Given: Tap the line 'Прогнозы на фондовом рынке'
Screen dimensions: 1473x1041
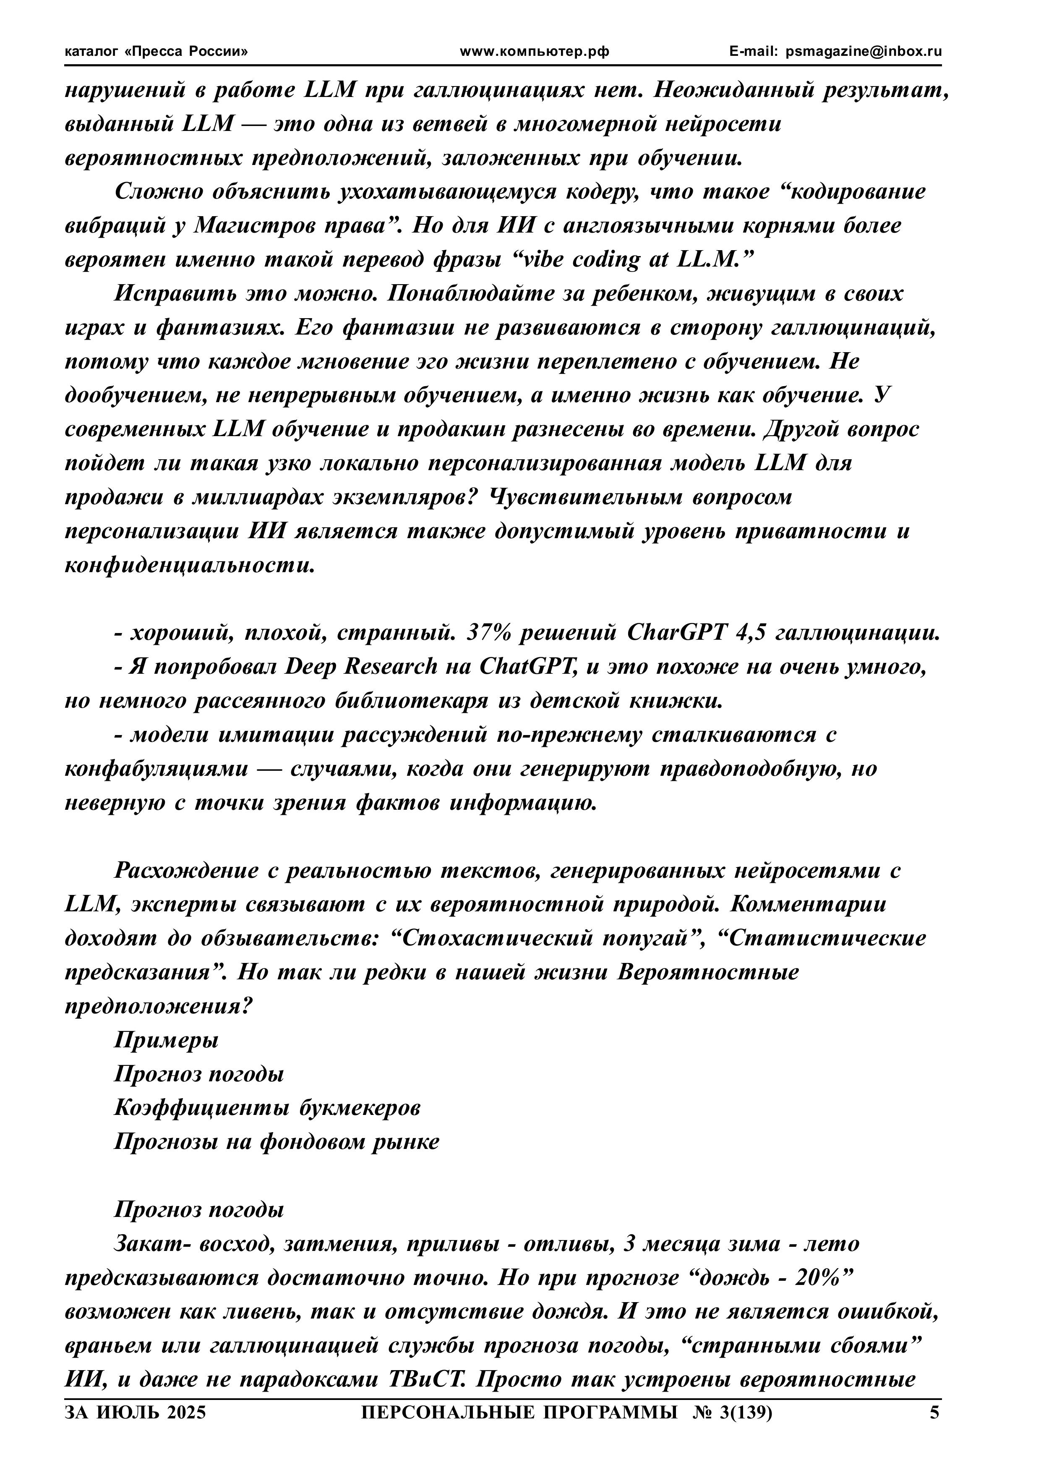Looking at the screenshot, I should point(277,1142).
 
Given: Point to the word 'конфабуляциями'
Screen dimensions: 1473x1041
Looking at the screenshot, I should point(156,769).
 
